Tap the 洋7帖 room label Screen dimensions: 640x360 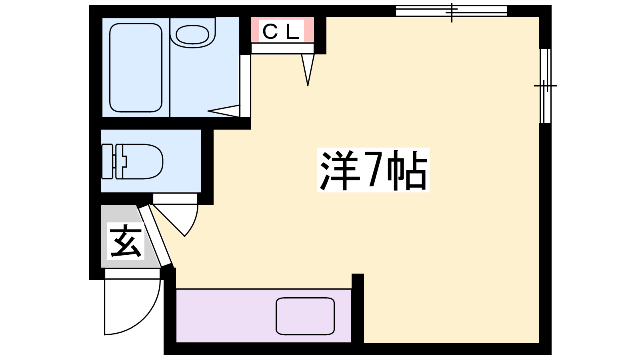tap(373, 170)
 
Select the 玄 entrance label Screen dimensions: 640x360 tap(126, 241)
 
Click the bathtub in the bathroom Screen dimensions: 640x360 tap(136, 68)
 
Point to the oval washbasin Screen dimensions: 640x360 tap(192, 34)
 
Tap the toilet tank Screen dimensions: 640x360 tap(108, 162)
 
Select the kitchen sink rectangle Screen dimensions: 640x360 tap(305, 316)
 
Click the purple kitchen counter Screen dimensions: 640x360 tap(264, 316)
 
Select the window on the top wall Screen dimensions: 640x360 tap(452, 11)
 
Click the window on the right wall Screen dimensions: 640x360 tap(545, 86)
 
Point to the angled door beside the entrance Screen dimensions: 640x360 tap(155, 236)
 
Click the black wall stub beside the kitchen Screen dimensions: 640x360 tap(358, 308)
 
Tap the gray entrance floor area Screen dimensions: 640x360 tap(126, 236)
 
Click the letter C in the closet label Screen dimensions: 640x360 tap(270, 32)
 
